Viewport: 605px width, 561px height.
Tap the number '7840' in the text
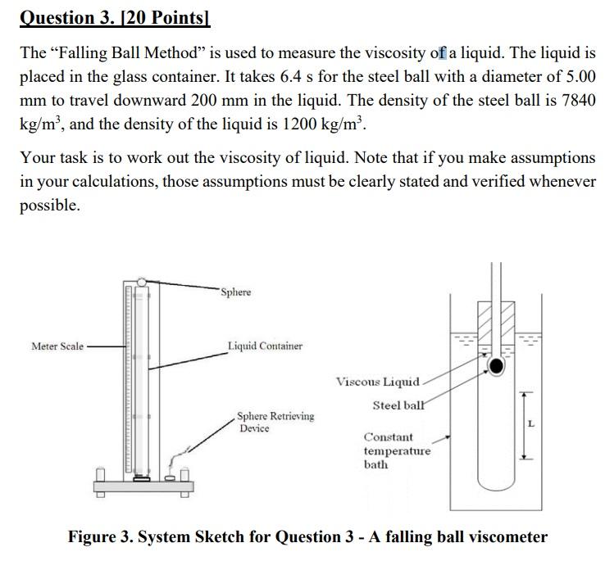(578, 102)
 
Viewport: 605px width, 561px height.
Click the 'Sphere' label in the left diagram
(235, 292)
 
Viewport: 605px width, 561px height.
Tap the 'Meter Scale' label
(57, 346)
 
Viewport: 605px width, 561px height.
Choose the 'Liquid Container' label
(265, 346)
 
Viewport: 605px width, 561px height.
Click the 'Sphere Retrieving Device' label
(275, 422)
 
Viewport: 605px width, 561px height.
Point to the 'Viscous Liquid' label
(378, 382)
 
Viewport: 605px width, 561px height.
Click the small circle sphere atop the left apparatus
(142, 282)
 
